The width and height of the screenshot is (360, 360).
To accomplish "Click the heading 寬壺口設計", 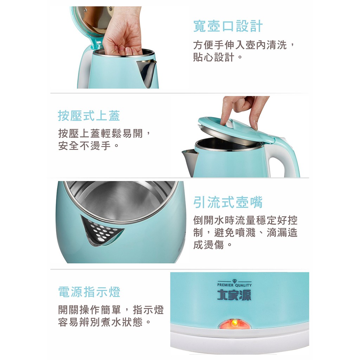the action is click(x=228, y=26).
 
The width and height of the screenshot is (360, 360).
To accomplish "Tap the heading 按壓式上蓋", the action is click(x=89, y=115).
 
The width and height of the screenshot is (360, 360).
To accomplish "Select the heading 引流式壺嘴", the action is click(x=228, y=202).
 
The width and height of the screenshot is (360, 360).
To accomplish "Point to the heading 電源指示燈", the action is click(x=89, y=292).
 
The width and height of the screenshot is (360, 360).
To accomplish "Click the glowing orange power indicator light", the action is click(x=234, y=323).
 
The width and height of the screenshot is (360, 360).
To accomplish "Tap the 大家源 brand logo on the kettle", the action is click(x=234, y=295).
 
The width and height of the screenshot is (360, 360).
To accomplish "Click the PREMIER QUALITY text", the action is click(x=234, y=285).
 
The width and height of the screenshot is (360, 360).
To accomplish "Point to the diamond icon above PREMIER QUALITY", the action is click(x=234, y=281).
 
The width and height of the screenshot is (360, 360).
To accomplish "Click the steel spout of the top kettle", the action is click(x=147, y=73).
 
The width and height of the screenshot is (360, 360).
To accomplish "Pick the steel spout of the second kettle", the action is click(x=190, y=162).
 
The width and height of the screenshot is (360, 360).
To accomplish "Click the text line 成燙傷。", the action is click(x=213, y=245).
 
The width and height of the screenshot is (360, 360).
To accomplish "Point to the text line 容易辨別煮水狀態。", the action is click(x=104, y=322).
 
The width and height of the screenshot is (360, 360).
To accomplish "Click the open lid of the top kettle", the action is click(x=92, y=23).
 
